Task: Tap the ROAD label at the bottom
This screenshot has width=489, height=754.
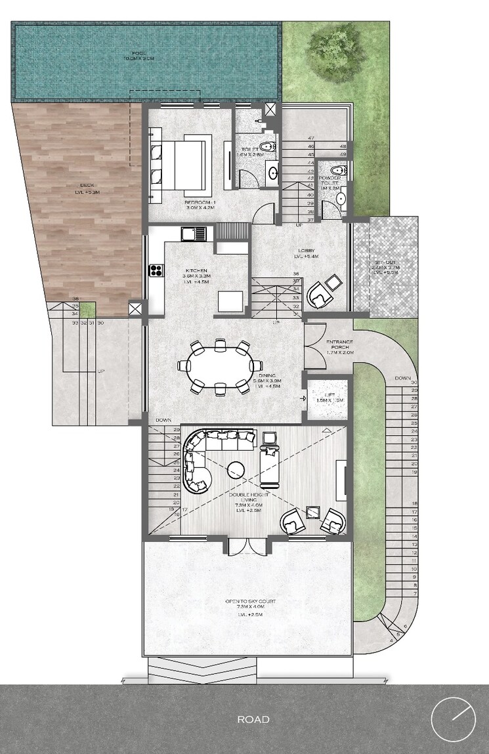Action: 253,719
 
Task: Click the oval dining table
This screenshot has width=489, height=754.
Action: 221,367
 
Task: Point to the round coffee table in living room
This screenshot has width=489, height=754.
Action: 236,469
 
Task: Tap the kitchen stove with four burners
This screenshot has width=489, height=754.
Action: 157,270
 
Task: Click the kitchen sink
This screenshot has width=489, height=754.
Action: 194,232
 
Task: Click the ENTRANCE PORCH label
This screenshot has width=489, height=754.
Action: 340,346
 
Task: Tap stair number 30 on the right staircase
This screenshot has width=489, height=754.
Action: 414,383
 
